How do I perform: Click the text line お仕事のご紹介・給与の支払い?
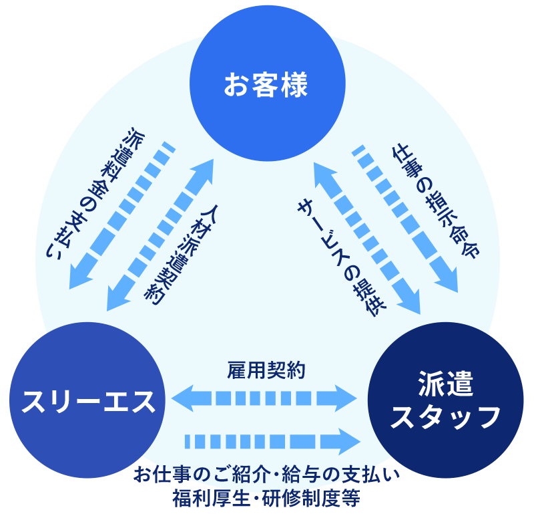[266, 475]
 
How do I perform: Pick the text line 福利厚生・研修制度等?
[266, 498]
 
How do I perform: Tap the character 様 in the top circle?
[294, 86]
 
